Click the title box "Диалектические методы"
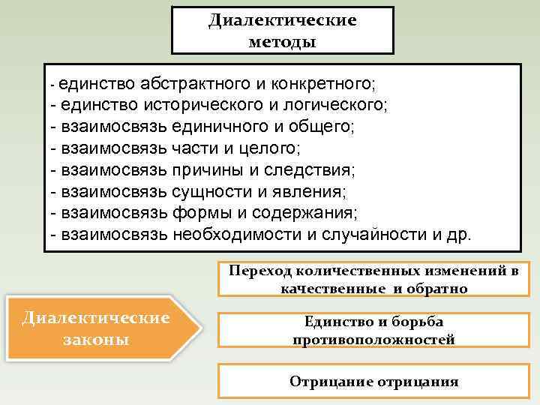tap(282, 30)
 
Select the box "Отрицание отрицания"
tap(373, 381)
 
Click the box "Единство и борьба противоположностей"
tap(373, 330)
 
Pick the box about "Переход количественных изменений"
tap(373, 279)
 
